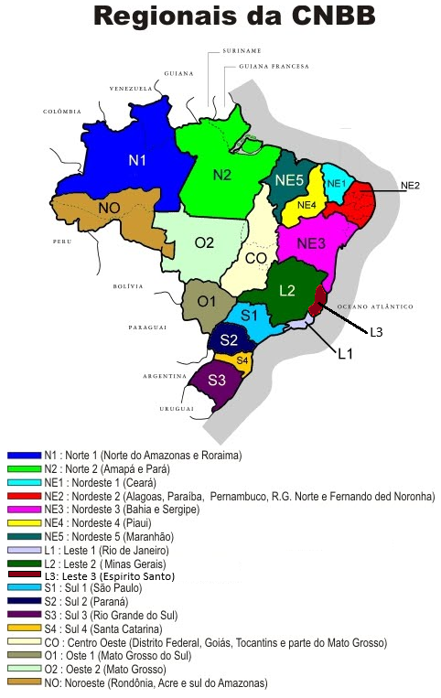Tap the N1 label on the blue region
coord(137,160)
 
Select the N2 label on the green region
coord(222,174)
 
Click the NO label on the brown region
coord(109,209)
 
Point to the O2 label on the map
coord(203,242)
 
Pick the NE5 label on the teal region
coord(289,180)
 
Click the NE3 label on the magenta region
coord(311,243)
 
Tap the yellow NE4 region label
coord(307,204)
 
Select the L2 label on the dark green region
coord(286,290)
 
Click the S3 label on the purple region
coord(218,380)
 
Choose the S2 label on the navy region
coord(229,341)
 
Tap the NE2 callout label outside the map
coord(410,186)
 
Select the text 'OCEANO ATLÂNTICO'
coord(375,306)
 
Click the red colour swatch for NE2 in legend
coord(24,495)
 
